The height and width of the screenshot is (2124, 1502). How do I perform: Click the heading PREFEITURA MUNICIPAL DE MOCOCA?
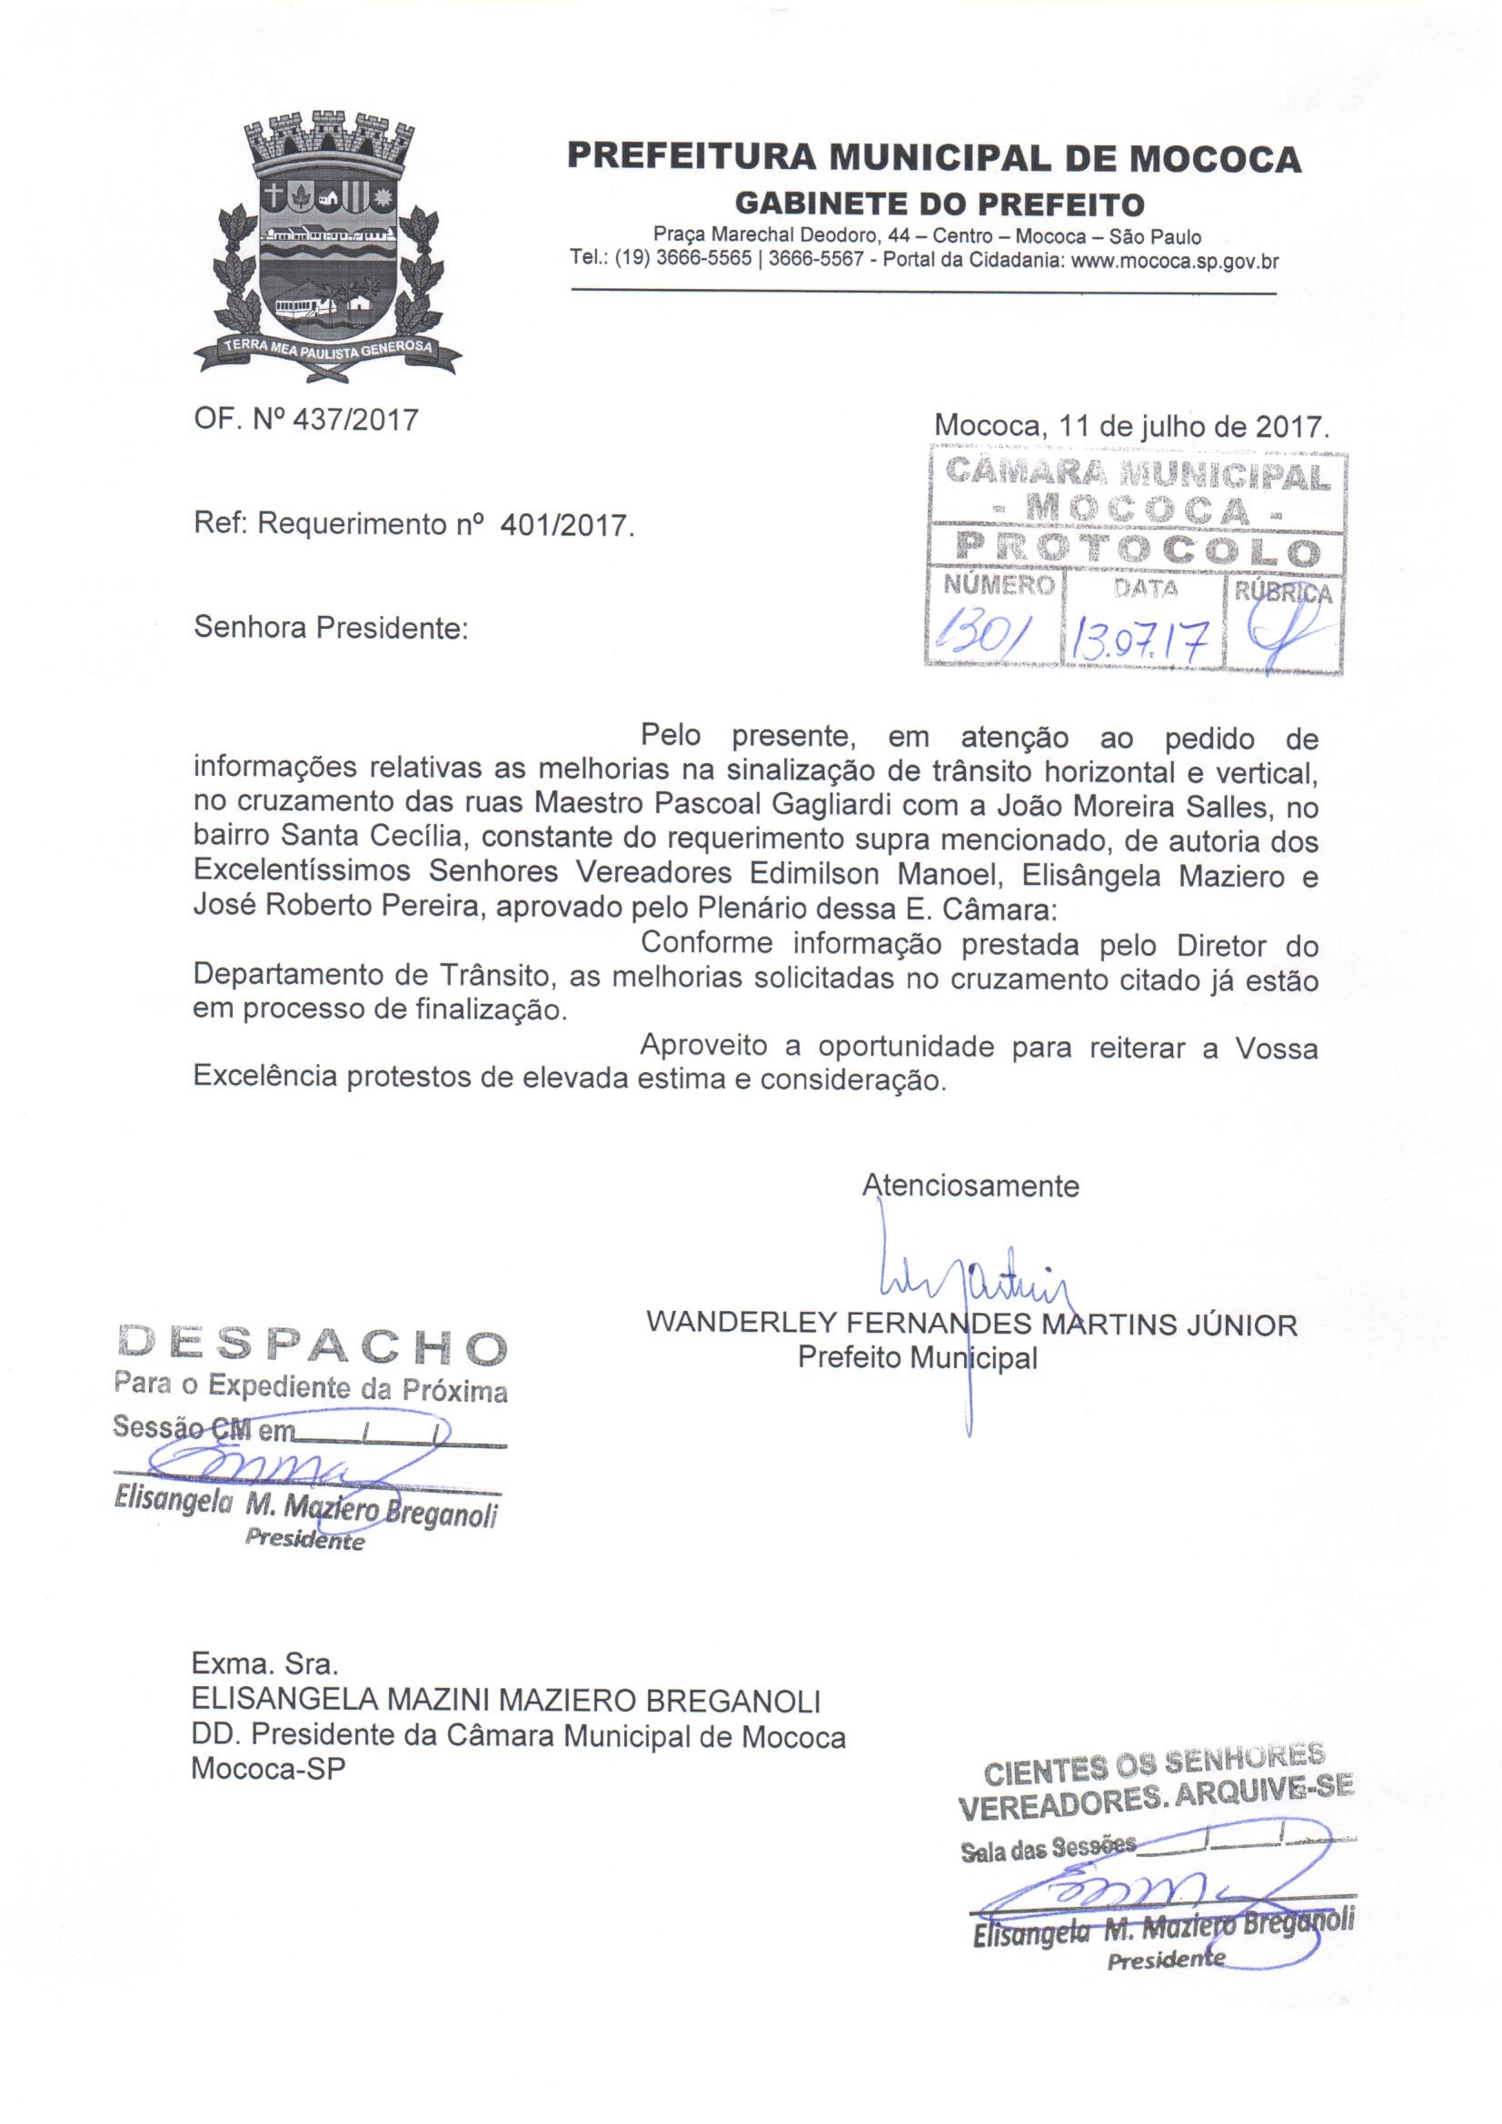934,159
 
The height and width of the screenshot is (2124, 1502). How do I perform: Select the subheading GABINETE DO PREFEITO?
939,203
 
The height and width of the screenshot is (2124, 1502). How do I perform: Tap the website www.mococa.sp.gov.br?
1174,262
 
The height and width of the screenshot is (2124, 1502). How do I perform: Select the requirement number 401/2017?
565,524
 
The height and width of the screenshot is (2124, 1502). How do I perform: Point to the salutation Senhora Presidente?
332,629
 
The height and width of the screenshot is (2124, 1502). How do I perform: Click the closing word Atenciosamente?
970,1186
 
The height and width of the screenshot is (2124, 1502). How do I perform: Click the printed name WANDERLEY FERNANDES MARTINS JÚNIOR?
970,1325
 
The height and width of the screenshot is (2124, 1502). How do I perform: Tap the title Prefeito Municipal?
916,1358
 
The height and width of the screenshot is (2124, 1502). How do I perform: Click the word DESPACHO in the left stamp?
312,1348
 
